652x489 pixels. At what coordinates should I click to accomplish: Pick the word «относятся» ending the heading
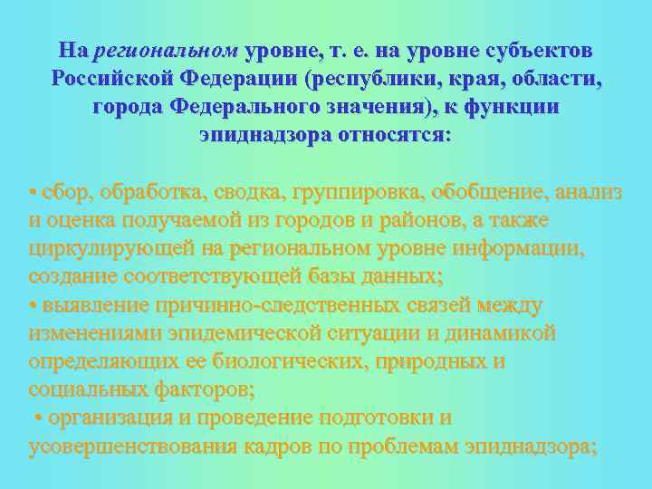point(392,136)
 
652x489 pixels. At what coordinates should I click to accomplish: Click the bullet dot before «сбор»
point(33,192)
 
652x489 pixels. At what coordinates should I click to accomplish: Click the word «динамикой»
point(503,333)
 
